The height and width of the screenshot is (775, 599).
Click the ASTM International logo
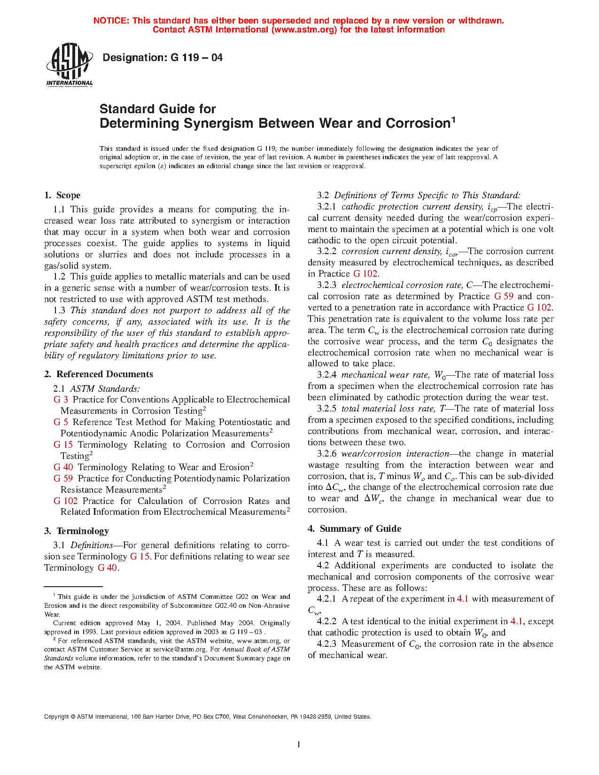click(x=70, y=65)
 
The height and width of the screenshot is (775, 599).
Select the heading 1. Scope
click(x=62, y=195)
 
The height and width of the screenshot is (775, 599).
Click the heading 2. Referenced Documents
click(x=99, y=374)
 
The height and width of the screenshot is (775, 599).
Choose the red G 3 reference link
click(x=61, y=400)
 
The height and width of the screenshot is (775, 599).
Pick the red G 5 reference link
click(x=61, y=422)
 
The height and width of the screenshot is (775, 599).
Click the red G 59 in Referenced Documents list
click(x=63, y=479)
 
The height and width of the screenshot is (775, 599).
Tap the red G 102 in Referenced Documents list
click(x=65, y=501)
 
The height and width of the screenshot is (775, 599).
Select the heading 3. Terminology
click(x=77, y=531)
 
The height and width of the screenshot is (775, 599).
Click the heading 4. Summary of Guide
click(x=355, y=529)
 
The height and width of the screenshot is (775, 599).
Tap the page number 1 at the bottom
click(x=299, y=744)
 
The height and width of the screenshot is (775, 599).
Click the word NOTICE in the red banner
click(x=111, y=21)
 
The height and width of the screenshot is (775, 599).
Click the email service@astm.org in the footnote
click(x=180, y=650)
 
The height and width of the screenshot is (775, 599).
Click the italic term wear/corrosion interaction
click(x=395, y=454)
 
